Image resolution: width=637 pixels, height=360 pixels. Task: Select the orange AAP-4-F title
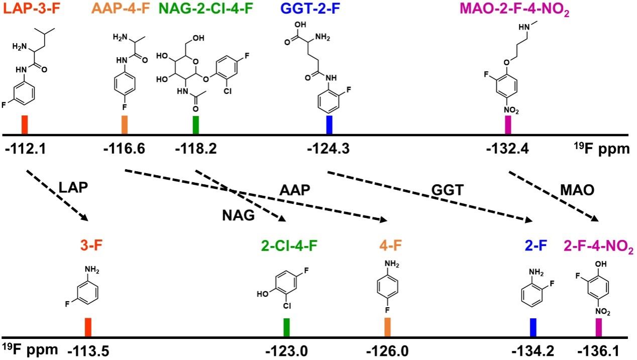121,10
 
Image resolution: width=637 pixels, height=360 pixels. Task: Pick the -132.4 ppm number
507,149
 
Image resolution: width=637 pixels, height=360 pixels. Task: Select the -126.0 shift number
388,350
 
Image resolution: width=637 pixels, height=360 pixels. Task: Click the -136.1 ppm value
600,350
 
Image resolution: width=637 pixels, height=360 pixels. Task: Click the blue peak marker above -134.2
533,327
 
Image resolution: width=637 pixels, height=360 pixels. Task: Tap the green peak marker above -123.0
286,327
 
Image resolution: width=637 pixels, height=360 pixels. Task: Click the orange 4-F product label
387,246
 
